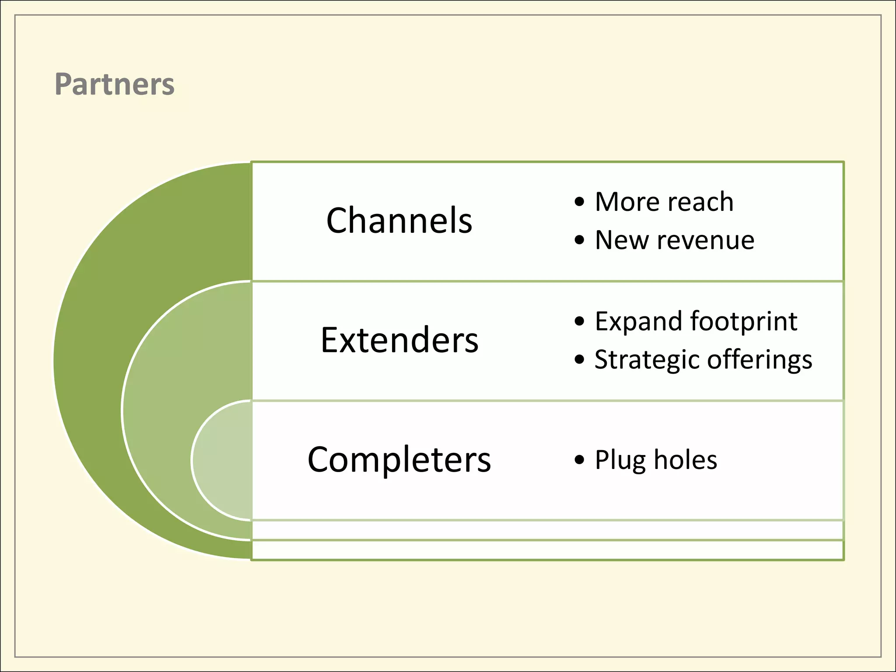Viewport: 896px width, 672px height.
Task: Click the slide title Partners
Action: [115, 84]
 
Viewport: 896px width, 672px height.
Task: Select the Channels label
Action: [399, 220]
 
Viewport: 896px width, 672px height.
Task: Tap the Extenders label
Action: [399, 340]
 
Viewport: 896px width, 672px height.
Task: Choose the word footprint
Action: [744, 322]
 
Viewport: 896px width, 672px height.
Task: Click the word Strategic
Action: [647, 360]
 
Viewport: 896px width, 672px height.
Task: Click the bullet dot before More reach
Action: [580, 202]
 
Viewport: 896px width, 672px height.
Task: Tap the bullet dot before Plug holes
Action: [580, 460]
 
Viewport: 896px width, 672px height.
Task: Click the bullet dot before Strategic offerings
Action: [580, 360]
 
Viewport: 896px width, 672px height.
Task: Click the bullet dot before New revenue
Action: [580, 240]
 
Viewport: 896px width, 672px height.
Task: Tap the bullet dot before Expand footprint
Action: [580, 322]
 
